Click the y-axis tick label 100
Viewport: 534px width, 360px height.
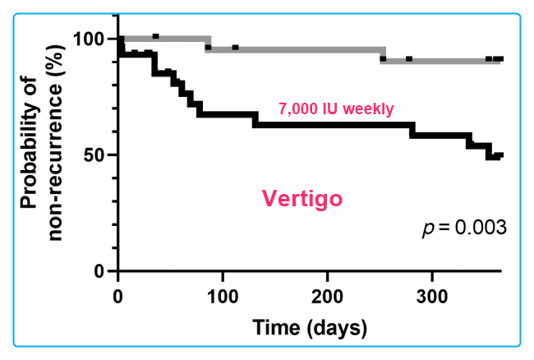click(x=91, y=39)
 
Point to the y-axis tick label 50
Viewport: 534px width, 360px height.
click(x=96, y=155)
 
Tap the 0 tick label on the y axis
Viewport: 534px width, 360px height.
click(x=101, y=271)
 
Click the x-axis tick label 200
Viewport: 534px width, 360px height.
click(x=328, y=296)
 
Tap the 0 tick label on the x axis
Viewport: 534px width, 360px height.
click(x=119, y=296)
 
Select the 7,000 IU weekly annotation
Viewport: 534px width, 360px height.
click(x=337, y=108)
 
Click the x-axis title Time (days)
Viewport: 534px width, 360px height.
click(x=308, y=328)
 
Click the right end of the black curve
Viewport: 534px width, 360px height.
click(x=500, y=155)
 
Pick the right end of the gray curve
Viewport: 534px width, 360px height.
click(x=500, y=59)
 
